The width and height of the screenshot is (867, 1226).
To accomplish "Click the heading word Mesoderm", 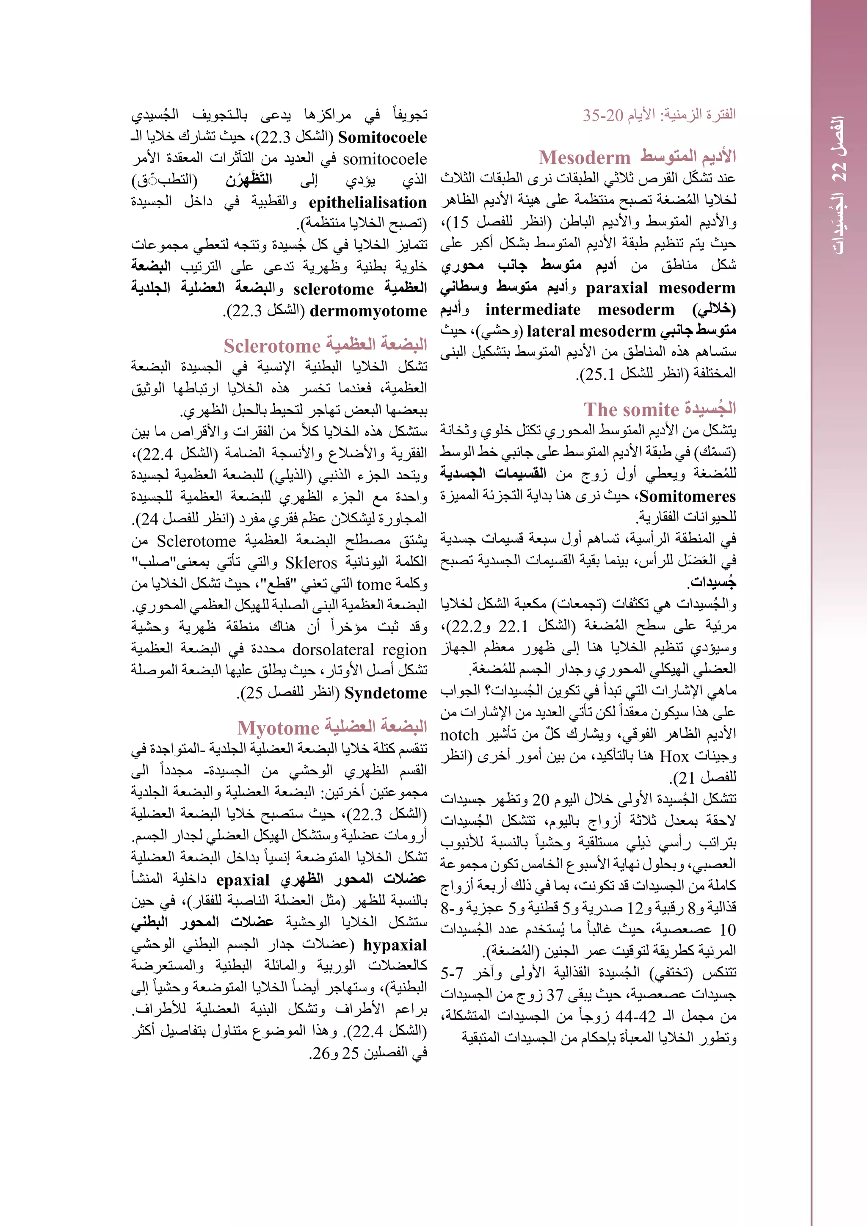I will (x=585, y=157).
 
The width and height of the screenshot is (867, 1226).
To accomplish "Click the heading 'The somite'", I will (x=624, y=409).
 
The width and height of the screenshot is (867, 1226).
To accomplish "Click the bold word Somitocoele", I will (x=382, y=138).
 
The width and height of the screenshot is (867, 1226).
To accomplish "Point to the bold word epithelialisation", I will (x=367, y=202).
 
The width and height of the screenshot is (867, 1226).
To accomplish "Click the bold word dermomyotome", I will (x=368, y=311).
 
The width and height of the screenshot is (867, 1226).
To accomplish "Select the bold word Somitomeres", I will (x=687, y=497).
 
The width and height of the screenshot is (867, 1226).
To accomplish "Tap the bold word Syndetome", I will (x=386, y=693).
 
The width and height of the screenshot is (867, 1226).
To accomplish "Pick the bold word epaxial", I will (x=243, y=880).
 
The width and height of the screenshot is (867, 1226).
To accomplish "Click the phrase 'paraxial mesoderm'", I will (x=660, y=288).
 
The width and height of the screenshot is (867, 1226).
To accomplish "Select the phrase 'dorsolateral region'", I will (x=359, y=650).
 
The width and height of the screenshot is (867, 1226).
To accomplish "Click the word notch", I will (x=459, y=736).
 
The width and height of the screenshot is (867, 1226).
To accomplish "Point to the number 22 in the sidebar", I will (x=839, y=171).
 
